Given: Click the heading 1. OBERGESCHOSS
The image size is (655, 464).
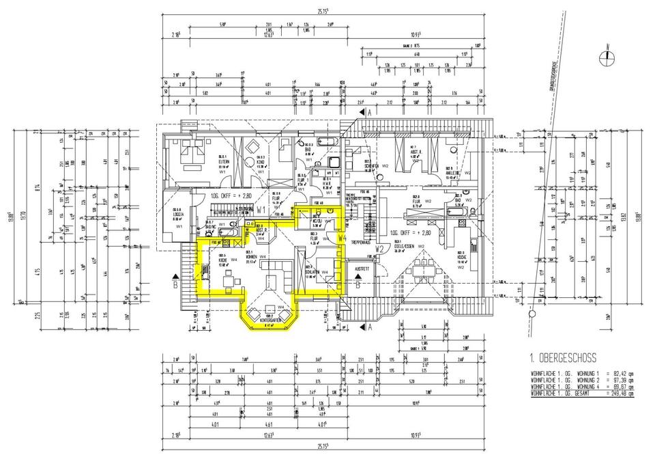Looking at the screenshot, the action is tap(563, 357).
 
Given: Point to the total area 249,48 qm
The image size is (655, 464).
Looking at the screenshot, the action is tap(621, 394).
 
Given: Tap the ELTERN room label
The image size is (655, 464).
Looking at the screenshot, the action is tap(222, 161).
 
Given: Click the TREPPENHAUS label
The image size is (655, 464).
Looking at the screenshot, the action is tap(360, 241).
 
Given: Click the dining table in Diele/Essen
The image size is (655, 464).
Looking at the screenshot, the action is tap(427, 269).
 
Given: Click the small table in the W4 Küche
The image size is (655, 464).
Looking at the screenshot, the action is tap(229, 278).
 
